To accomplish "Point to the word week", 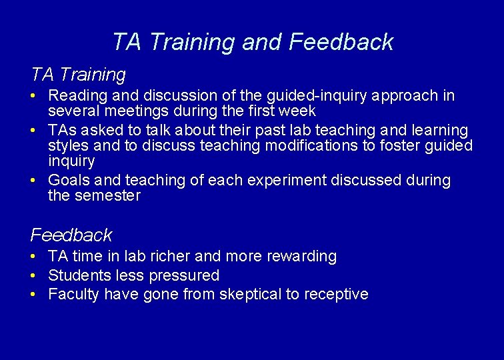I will tap(299, 111).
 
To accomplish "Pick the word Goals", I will tap(69, 181).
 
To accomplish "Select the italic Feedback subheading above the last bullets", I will tap(71, 235).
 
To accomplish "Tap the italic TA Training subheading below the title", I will tap(78, 74).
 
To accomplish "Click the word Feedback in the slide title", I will tap(341, 42).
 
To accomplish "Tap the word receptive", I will tap(336, 295).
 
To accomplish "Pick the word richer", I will tap(167, 257).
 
